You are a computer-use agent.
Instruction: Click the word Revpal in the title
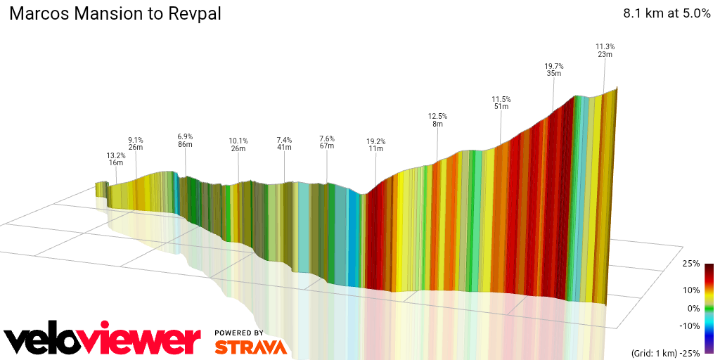195,14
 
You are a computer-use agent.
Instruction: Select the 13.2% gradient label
116,155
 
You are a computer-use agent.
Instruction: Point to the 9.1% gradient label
136,139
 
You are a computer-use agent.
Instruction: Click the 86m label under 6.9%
185,144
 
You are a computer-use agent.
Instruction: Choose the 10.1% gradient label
238,140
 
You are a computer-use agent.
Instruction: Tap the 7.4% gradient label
284,140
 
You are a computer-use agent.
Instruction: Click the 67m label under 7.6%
327,146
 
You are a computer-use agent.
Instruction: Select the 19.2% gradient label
375,141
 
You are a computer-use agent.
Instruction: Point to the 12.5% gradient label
437,116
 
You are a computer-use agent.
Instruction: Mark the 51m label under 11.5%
501,107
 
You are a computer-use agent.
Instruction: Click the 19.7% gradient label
554,66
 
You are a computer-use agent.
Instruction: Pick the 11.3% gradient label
605,46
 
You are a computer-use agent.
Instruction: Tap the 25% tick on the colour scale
691,264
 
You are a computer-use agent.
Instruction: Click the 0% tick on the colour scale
693,308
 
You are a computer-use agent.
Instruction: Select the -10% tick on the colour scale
690,326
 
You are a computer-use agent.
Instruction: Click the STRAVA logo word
250,347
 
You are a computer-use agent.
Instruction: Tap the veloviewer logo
102,340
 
